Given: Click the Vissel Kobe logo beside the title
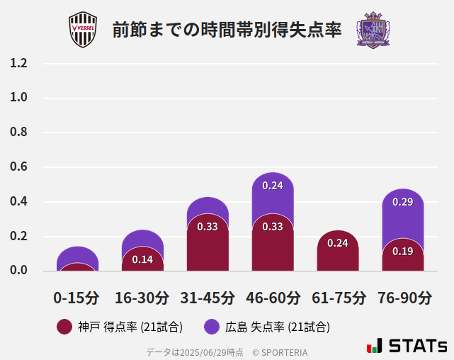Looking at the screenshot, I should (x=82, y=30).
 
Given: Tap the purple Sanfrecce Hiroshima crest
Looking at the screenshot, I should (x=373, y=30).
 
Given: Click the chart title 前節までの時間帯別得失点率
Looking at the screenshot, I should (x=227, y=30).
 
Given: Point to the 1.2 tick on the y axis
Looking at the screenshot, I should (x=18, y=63).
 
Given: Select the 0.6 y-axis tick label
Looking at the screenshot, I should (x=18, y=167).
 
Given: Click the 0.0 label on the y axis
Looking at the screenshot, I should (x=18, y=271).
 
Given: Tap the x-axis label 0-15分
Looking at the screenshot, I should (x=76, y=298).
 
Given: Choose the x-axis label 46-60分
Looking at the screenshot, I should (x=273, y=298).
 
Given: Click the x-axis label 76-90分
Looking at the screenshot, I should (x=404, y=298).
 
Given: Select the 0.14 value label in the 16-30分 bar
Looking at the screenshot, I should (x=142, y=259).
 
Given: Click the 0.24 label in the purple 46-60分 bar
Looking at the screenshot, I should (x=273, y=186).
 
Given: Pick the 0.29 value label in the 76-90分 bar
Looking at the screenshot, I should (x=403, y=202).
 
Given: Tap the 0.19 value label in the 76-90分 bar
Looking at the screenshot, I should (x=403, y=251).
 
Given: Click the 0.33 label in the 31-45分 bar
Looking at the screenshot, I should (x=208, y=227).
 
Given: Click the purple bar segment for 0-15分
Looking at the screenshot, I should (x=77, y=254).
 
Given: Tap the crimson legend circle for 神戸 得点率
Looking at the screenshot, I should (x=64, y=327).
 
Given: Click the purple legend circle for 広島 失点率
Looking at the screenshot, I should (x=212, y=327).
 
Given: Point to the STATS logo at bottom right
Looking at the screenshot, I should (x=407, y=346).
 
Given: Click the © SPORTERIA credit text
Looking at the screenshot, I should (x=280, y=352).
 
